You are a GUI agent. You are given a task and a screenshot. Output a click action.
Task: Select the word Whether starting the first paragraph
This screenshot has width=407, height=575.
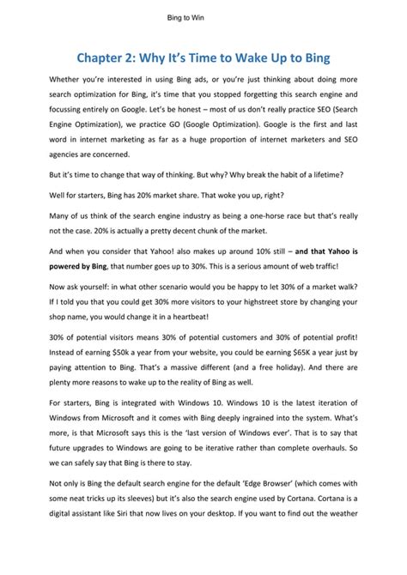[x=69, y=80]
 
